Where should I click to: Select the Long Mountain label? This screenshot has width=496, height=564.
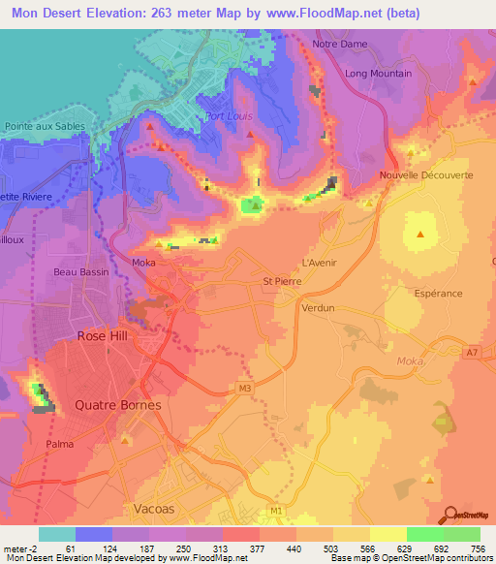point(378,74)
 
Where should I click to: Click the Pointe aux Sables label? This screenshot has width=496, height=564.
point(45,126)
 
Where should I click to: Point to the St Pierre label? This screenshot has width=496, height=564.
point(283,281)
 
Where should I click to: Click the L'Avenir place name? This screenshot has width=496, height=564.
point(319,262)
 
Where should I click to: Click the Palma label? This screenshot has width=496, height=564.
point(60,444)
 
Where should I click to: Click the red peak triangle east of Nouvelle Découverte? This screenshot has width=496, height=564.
point(420,235)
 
